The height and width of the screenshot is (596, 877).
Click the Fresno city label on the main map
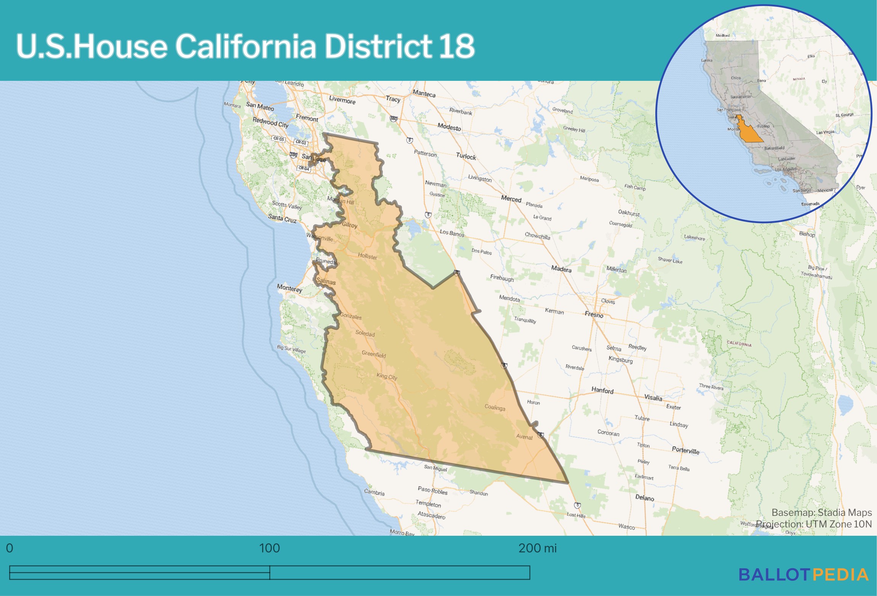tap(594, 315)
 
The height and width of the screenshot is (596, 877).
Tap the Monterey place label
tap(289, 288)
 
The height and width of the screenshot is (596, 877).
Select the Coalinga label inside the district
tap(495, 407)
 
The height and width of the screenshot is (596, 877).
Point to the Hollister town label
tap(368, 256)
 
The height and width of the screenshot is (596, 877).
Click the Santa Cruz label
tap(282, 218)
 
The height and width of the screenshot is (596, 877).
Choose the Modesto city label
tap(449, 127)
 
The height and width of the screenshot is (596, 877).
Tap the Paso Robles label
tap(432, 490)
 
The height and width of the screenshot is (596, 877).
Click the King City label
tap(387, 377)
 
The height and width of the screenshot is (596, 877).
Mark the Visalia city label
tap(653, 398)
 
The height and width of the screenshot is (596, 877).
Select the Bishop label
tap(807, 234)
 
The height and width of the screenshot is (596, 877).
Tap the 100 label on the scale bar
tap(269, 548)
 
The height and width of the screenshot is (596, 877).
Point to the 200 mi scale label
tap(537, 548)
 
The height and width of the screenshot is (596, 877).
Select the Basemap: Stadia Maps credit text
tap(821, 512)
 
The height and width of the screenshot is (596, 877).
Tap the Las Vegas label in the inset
tap(825, 132)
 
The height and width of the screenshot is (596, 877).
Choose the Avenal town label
tap(524, 437)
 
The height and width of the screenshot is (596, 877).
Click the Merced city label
tap(511, 199)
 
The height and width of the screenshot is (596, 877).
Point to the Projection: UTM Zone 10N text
tap(814, 524)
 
